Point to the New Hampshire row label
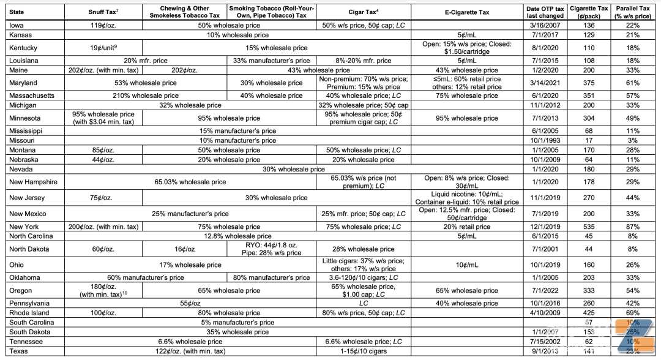pyautogui.click(x=34, y=182)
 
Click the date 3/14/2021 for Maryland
pyautogui.click(x=542, y=83)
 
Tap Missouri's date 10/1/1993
pyautogui.click(x=542, y=141)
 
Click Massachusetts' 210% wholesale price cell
pyautogui.click(x=146, y=96)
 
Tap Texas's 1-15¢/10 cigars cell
pyautogui.click(x=362, y=351)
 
